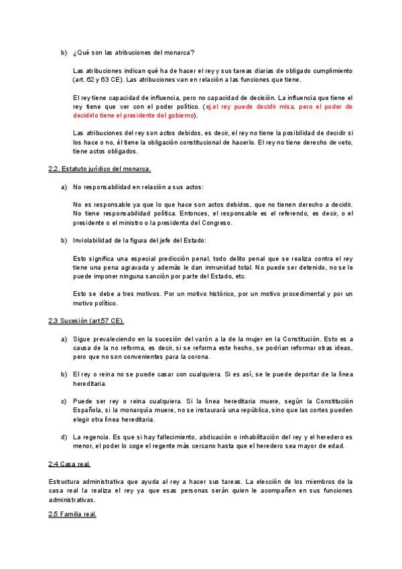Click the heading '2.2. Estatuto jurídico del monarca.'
pos(100,168)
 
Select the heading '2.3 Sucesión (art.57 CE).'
pos(86,320)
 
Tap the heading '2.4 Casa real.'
pos(70,464)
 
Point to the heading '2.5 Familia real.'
pos(73,514)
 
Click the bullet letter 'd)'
pos(64,437)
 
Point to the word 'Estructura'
pos(64,482)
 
